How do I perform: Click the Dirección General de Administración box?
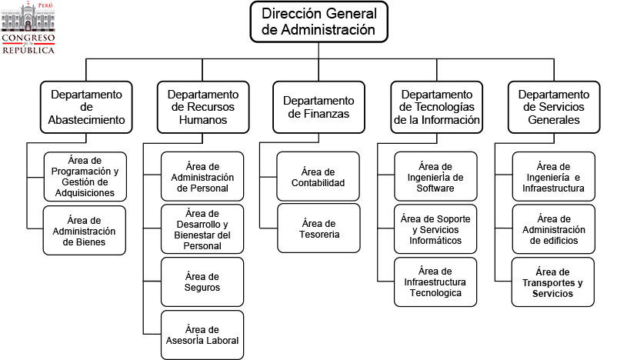point(319,22)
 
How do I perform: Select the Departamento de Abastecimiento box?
point(86,107)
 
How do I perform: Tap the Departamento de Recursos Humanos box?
point(202,107)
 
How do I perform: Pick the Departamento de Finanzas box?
point(319,107)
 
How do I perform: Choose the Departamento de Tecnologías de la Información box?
point(436,107)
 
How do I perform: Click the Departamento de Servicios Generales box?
point(552,107)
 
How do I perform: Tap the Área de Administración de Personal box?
point(202,176)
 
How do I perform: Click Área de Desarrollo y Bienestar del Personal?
point(202,229)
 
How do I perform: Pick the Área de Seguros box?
point(202,282)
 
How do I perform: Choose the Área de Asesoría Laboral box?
point(202,335)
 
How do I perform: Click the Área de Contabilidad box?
point(319,176)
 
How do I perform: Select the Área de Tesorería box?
point(319,228)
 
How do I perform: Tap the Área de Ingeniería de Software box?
point(435,176)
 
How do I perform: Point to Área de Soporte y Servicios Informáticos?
point(435,229)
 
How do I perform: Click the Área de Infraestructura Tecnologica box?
point(435,282)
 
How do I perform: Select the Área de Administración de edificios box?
point(553,229)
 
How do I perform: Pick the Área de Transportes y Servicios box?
point(553,282)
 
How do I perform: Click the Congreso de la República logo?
point(28,28)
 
